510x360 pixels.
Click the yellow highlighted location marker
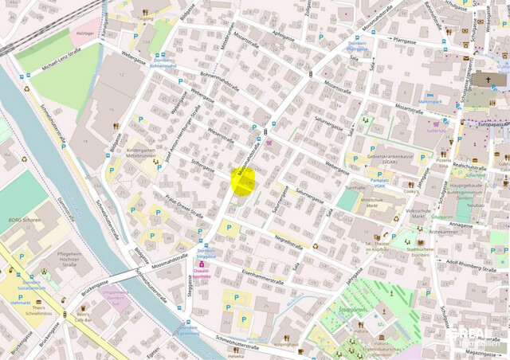(243, 182)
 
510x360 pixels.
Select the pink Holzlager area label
(84, 33)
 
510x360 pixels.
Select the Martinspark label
(430, 102)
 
